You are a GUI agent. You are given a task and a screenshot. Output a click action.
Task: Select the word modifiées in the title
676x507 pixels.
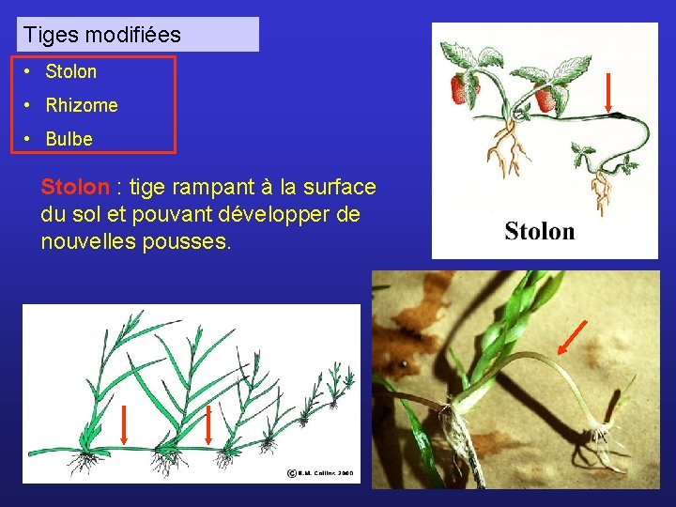coord(133,36)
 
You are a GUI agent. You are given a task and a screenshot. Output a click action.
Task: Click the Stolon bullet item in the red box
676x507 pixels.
coord(70,71)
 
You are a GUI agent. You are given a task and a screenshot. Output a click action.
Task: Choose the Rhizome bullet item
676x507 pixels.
coord(82,105)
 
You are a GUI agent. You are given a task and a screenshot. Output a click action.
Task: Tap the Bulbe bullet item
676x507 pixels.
coord(69,139)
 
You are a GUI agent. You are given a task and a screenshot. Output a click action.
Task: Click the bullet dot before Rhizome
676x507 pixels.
coord(30,105)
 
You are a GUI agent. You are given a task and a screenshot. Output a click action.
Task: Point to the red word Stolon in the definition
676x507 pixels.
coord(75,188)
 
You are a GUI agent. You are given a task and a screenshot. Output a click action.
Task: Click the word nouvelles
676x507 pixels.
coord(86,241)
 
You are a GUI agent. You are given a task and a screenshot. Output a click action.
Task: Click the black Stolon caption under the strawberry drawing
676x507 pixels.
coord(539,231)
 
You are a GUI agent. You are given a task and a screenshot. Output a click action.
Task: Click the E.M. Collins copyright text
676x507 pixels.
coord(320,474)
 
